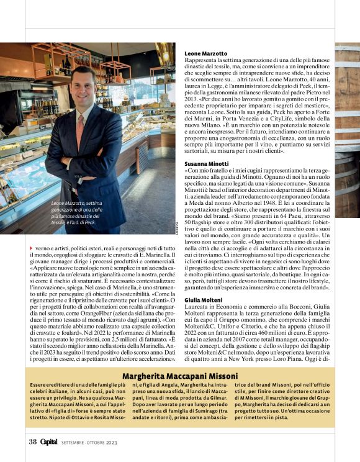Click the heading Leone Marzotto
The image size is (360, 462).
tap(207, 54)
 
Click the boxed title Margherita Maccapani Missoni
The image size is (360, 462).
tap(180, 376)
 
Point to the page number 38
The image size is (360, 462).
tap(33, 442)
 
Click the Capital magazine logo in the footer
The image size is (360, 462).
tap(50, 442)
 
